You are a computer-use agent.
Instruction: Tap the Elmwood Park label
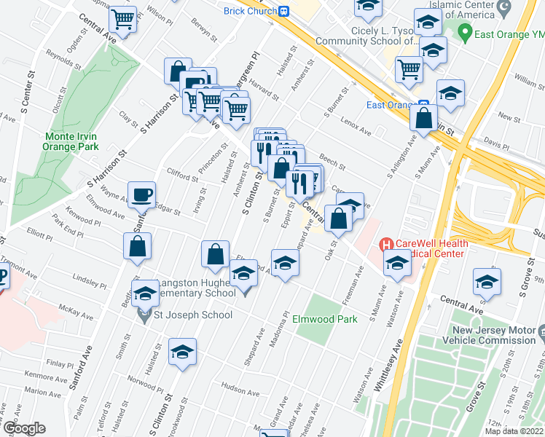[326, 319]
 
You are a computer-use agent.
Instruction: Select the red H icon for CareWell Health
[386, 245]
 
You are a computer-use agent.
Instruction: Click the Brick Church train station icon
[284, 10]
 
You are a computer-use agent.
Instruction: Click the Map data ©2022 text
[514, 431]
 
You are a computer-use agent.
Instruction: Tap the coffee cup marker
[141, 194]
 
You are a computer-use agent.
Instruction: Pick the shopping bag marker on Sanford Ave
[138, 247]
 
